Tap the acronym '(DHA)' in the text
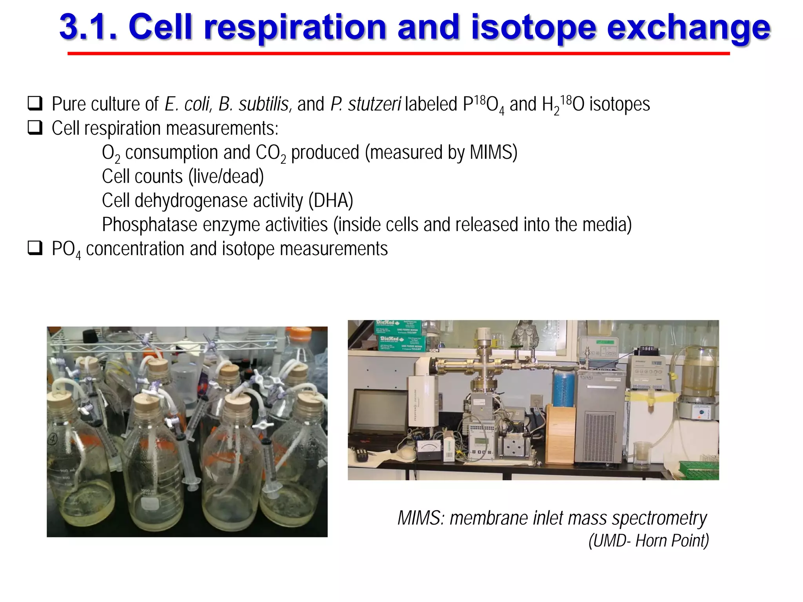331,201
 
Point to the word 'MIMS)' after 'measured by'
493,152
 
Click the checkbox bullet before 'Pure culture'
35,103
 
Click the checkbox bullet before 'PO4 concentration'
35,248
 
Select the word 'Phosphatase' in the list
149,225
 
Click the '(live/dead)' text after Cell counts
226,177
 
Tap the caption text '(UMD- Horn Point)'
649,540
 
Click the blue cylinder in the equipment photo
563,388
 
